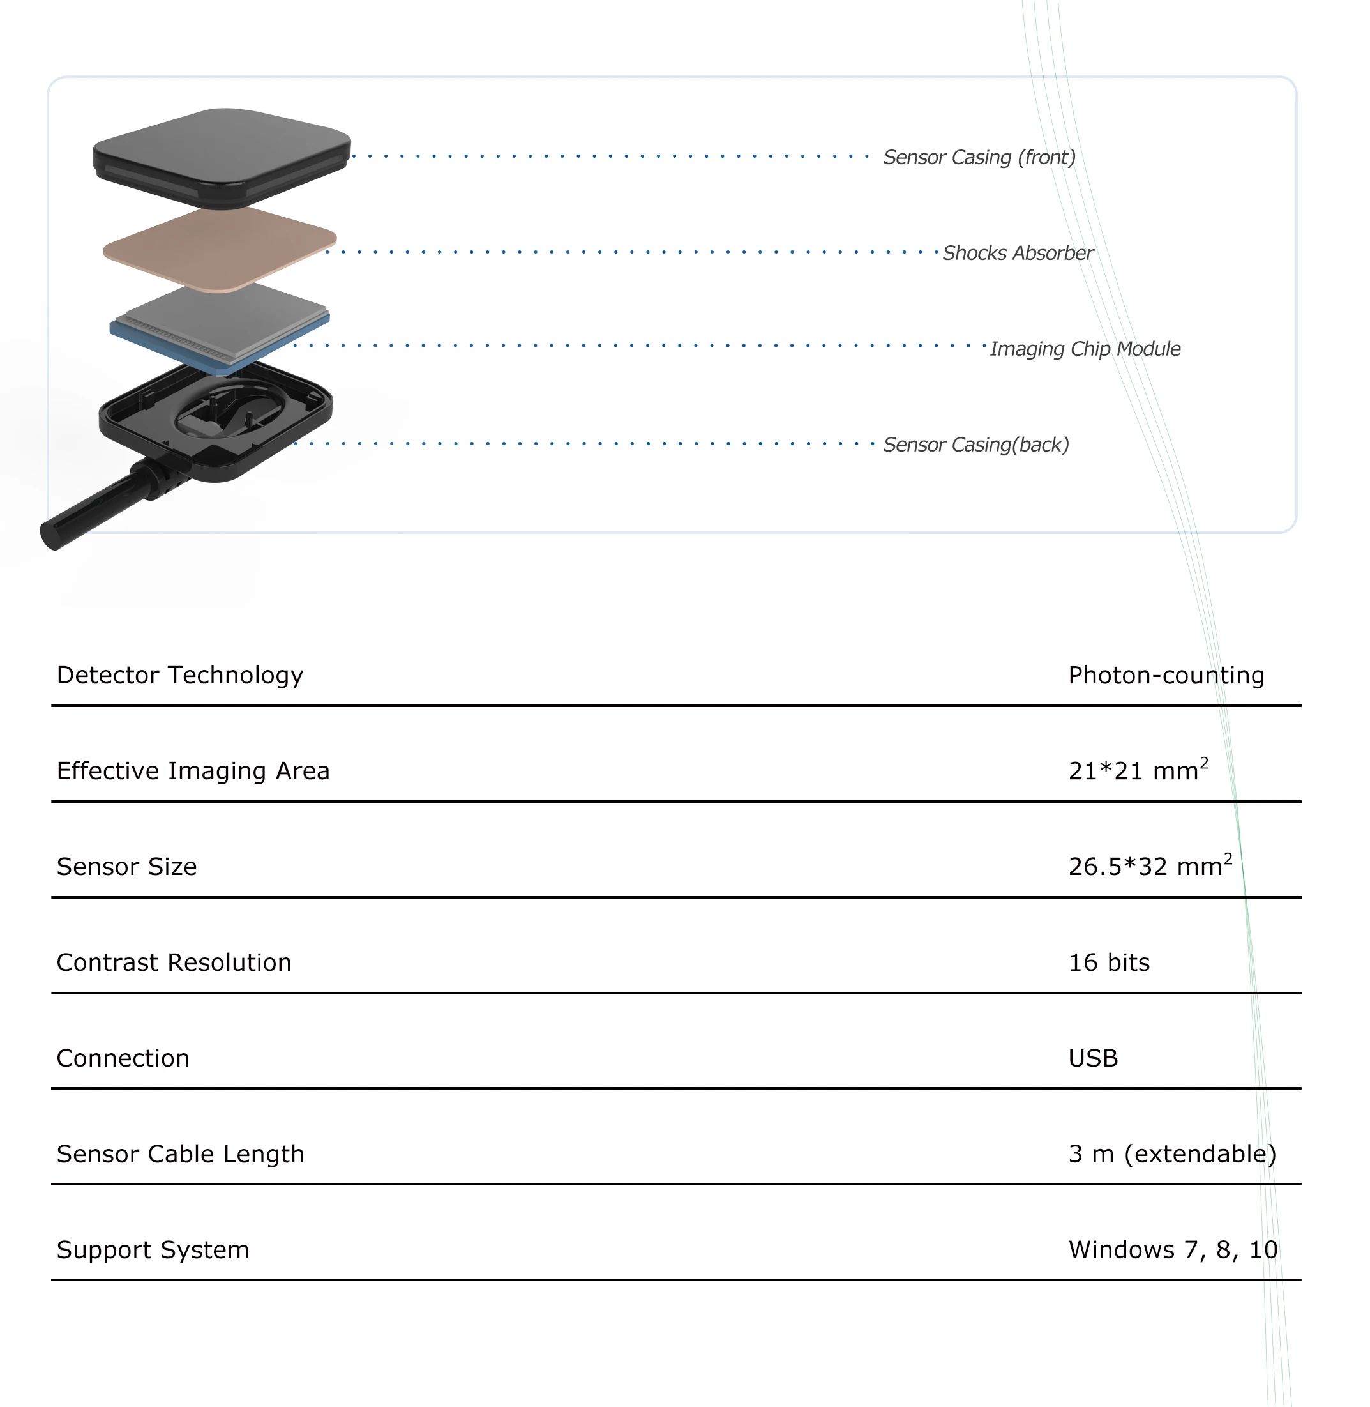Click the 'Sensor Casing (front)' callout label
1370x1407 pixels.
click(979, 157)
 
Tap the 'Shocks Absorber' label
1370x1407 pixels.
click(1018, 253)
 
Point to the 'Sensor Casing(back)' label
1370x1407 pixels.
click(975, 444)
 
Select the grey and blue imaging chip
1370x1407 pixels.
click(220, 324)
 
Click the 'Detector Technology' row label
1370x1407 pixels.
click(180, 675)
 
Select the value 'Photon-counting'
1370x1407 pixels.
click(1166, 675)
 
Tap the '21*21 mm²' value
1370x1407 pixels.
click(1138, 770)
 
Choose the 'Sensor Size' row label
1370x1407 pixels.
click(126, 867)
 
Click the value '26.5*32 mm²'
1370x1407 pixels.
click(1149, 866)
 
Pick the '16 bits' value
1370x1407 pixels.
click(1109, 962)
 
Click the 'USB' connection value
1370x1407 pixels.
click(1093, 1058)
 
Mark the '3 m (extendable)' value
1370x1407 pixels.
click(1172, 1153)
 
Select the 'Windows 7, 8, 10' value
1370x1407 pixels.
click(1173, 1249)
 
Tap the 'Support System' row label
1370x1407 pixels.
click(153, 1249)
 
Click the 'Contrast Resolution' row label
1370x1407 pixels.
click(174, 962)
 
